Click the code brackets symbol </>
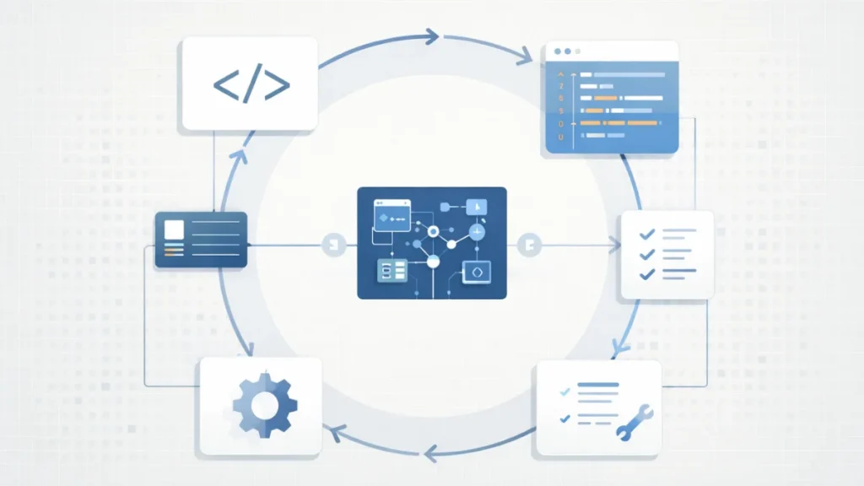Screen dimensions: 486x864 251,84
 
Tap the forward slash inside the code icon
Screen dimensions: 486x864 251,84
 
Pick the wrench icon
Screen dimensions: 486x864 633,421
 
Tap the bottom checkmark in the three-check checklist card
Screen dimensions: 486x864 646,273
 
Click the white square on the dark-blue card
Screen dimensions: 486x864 174,229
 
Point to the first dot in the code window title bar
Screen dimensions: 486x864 555,51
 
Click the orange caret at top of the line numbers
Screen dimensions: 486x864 560,74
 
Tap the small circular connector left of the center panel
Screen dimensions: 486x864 334,245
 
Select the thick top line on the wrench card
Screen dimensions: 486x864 597,386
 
